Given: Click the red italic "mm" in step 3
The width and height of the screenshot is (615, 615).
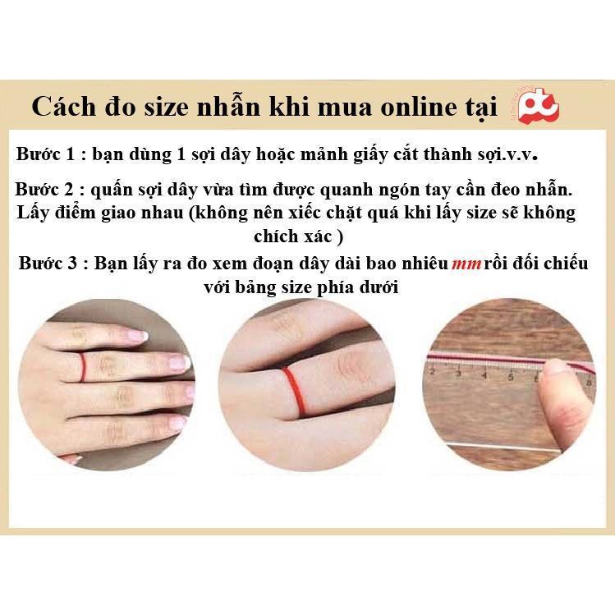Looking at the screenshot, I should (x=466, y=265).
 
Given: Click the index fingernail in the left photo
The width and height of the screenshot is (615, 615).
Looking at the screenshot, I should (x=131, y=336).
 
